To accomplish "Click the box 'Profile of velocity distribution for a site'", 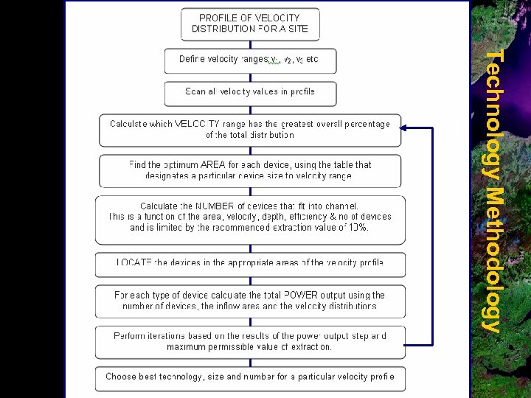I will [250, 24].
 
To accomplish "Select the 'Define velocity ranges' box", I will [250, 60].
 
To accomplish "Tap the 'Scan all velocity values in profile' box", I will [250, 92].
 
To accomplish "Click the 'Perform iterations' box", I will [250, 341].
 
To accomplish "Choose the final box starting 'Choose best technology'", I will [250, 377].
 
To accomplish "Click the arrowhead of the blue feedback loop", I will [405, 128].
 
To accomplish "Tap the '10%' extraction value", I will [357, 228].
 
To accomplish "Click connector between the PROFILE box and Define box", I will [250, 44].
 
